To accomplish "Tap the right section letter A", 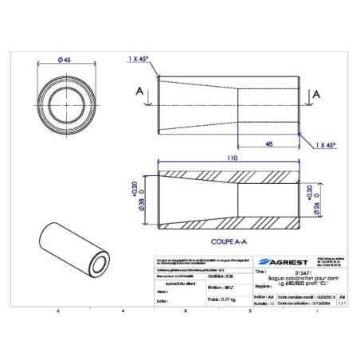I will pos(317,94).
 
